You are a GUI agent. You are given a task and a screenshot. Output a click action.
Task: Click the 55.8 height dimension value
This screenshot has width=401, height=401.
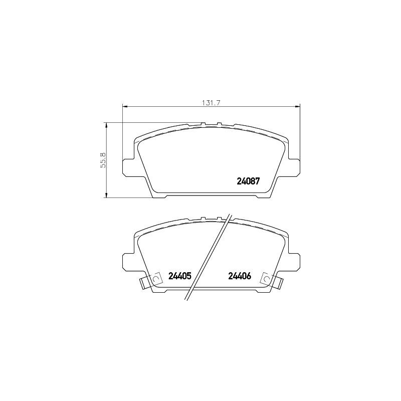(103, 160)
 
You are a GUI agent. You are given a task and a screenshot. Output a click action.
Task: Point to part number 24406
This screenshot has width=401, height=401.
(239, 276)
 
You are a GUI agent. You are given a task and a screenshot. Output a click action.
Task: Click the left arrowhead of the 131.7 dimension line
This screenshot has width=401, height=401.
(125, 106)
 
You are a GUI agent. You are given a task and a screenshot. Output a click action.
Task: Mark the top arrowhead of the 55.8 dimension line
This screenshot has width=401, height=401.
(106, 124)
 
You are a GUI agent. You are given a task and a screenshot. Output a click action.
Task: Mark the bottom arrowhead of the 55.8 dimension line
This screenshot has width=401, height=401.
(106, 196)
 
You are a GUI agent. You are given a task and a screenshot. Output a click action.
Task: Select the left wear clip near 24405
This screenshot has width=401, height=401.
(149, 283)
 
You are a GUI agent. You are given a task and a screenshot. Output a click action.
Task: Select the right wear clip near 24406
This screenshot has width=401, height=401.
(272, 283)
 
